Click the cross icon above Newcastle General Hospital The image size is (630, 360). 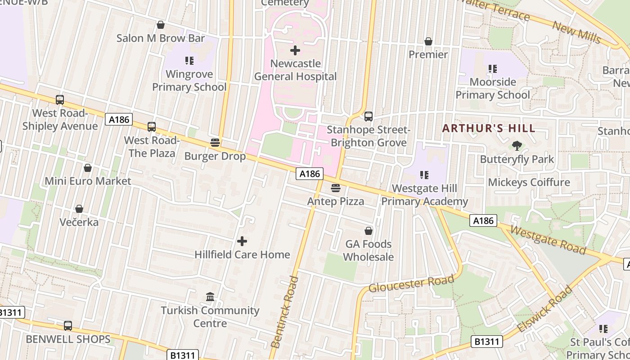click(295, 50)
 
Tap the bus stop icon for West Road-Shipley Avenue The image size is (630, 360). click(60, 100)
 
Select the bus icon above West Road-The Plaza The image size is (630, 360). click(152, 127)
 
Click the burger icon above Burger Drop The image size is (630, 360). click(215, 143)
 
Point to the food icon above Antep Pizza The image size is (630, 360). click(336, 188)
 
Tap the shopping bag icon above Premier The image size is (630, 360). click(428, 41)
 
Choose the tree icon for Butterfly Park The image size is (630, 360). click(517, 145)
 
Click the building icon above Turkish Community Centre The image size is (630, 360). click(210, 297)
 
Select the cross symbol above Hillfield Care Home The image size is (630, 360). click(242, 241)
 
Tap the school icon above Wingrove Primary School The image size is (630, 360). click(189, 60)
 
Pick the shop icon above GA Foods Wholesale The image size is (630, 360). click(369, 231)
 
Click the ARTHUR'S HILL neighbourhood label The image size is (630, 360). click(489, 128)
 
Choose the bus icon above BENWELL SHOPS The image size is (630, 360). click(68, 325)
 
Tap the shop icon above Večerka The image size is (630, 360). click(79, 209)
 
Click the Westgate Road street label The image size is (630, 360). click(549, 239)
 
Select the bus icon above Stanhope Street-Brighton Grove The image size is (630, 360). click(369, 117)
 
